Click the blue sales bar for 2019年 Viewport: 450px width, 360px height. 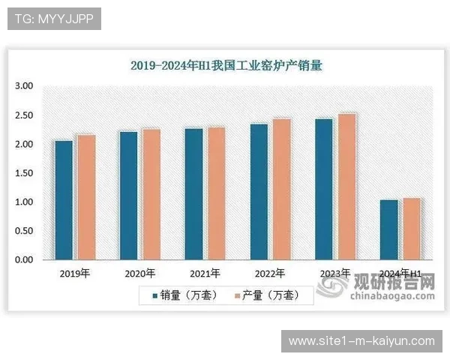(64, 200)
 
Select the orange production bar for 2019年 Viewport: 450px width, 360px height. (86, 197)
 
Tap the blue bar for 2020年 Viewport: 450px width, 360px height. (129, 196)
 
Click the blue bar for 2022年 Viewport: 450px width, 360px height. (259, 192)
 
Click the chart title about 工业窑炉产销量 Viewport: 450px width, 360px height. (226, 65)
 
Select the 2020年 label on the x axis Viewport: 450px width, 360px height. (140, 274)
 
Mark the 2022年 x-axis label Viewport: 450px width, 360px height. (270, 274)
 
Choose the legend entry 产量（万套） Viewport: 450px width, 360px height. (267, 295)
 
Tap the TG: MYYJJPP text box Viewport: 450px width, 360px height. (53, 19)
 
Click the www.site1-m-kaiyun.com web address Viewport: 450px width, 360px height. (361, 341)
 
